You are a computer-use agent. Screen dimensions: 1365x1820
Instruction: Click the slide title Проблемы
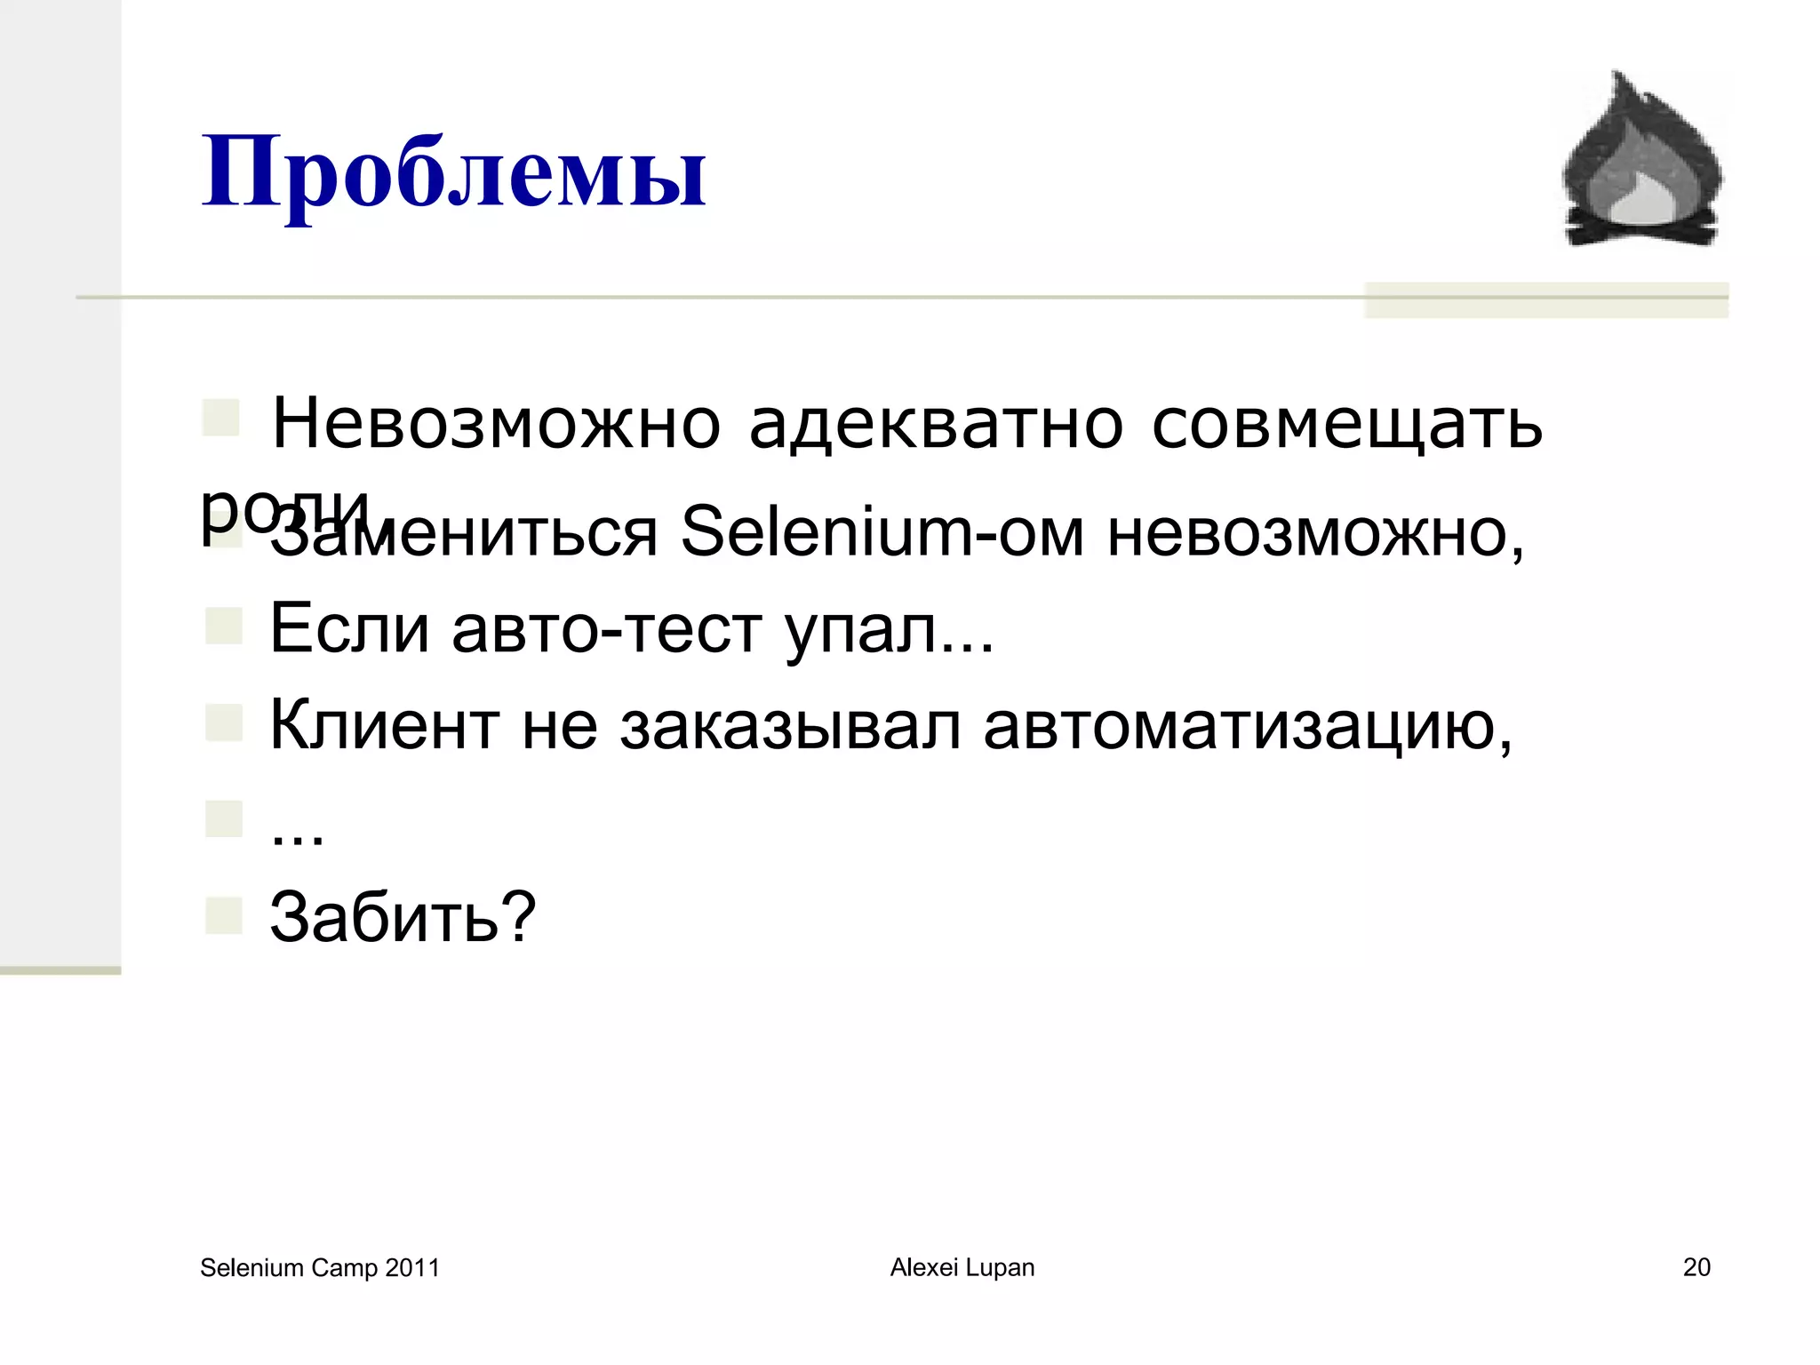[454, 173]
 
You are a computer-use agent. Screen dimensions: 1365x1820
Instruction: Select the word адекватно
[936, 424]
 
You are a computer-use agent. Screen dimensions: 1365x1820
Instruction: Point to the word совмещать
[1346, 424]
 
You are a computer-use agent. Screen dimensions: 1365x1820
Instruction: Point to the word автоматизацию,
[1248, 725]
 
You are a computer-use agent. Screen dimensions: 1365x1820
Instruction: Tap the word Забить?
[403, 917]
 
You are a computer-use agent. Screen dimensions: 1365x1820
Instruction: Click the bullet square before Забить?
[223, 915]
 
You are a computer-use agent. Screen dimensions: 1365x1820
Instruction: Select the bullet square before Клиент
[223, 722]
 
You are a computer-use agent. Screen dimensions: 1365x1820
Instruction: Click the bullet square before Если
[223, 626]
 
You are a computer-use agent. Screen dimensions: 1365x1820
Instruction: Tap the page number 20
[1696, 1267]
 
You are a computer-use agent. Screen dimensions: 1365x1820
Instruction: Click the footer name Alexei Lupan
[962, 1267]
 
